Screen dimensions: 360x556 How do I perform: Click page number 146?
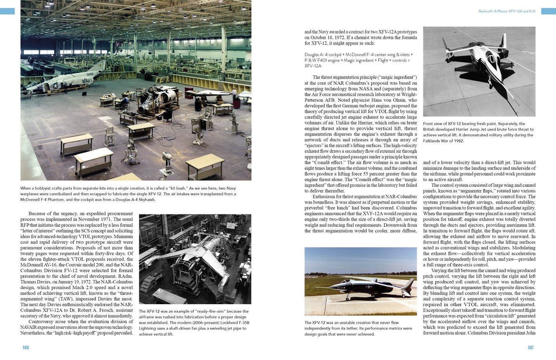click(25, 347)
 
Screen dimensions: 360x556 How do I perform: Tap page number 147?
click(530, 347)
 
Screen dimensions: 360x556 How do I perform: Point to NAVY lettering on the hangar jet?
click(87, 81)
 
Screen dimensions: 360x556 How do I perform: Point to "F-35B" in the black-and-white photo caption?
click(243, 323)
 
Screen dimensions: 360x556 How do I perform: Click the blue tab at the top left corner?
click(7, 11)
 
